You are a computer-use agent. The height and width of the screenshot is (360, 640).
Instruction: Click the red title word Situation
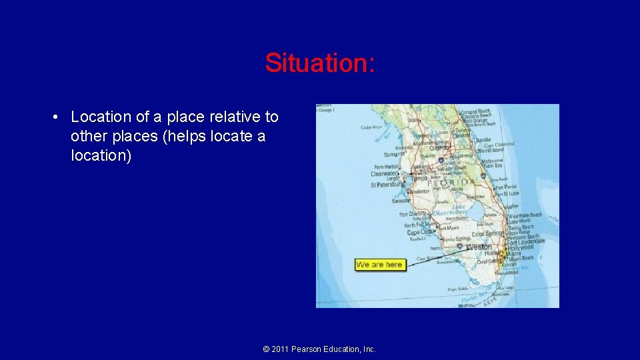320,63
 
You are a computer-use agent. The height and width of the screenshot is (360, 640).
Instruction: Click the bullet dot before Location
57,117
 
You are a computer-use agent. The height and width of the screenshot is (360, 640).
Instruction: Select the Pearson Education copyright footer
319,349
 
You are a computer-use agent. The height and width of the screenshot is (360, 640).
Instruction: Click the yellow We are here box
379,265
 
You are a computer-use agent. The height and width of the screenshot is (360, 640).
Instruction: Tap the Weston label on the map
479,247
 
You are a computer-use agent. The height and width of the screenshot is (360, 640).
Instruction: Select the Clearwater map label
385,174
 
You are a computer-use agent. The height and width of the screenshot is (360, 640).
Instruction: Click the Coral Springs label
488,234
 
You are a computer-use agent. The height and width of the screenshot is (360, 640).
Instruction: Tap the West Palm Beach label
525,216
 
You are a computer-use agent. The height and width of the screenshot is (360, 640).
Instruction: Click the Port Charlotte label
413,215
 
